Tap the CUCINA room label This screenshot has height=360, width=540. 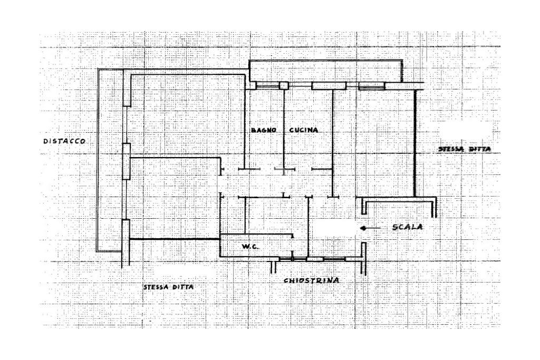[x=304, y=130]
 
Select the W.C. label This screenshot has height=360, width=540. [x=249, y=247]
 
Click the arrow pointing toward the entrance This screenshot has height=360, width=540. [x=371, y=228]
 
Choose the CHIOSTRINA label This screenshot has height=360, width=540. [x=311, y=281]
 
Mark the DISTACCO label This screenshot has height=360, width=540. [x=64, y=141]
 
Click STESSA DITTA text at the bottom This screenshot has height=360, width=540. [x=168, y=287]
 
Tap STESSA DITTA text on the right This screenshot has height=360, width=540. [x=464, y=150]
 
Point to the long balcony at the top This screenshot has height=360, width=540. [x=325, y=71]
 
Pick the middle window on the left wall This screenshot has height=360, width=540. [x=126, y=161]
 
